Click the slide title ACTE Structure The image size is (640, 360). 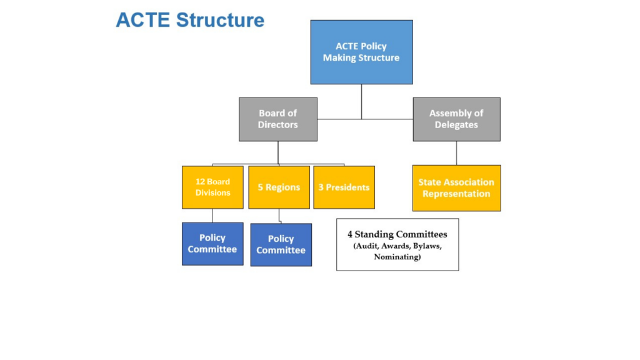tap(190, 20)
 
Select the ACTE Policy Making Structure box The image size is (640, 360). tap(362, 52)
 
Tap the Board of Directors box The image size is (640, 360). tap(278, 119)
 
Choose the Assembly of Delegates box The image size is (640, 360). tap(456, 119)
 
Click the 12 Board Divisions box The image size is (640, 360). tap(212, 187)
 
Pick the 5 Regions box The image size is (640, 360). tap(279, 187)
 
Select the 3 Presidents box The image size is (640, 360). tap(344, 187)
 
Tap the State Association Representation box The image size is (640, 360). tap(457, 188)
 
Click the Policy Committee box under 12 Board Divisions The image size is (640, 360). tap(212, 244)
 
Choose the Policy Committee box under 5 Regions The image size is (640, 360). tap(281, 245)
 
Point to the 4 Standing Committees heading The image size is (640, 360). tap(397, 234)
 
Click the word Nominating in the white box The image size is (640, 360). tap(397, 257)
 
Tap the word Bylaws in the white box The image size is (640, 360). tap(427, 246)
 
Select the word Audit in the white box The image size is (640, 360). tap(366, 246)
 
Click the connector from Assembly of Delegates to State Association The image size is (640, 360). tap(456, 153)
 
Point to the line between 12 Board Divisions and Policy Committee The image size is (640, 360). tap(212, 216)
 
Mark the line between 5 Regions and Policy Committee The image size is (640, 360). tap(279, 216)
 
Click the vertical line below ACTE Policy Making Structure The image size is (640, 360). tap(361, 102)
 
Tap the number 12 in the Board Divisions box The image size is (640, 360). tap(199, 182)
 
